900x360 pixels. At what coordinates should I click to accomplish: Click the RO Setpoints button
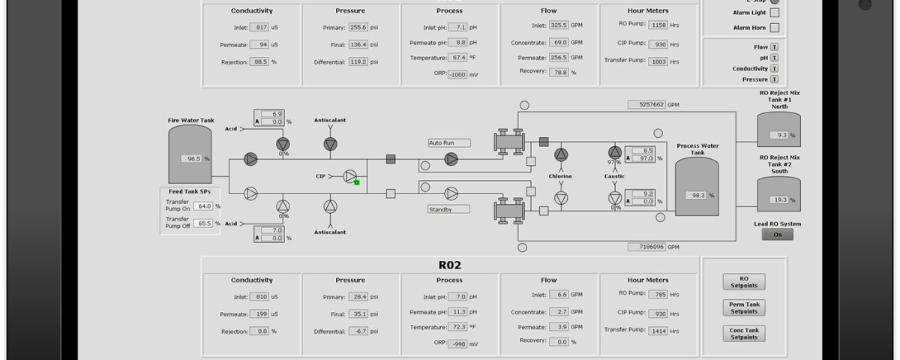[x=744, y=282]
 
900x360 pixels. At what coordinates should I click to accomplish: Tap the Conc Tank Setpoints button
[x=744, y=334]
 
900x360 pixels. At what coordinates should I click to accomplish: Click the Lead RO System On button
[x=778, y=235]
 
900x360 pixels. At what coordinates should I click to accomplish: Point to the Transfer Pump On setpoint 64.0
[x=203, y=206]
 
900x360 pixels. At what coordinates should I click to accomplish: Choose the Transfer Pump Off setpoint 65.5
[x=203, y=223]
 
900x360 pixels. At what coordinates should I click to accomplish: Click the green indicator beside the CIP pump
[x=356, y=183]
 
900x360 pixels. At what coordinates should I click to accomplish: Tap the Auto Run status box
[x=449, y=143]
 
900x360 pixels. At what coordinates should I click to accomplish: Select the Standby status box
[x=448, y=209]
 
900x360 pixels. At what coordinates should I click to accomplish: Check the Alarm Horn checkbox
[x=775, y=28]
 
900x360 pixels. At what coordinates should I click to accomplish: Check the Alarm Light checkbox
[x=775, y=13]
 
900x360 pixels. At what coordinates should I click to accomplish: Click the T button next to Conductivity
[x=774, y=69]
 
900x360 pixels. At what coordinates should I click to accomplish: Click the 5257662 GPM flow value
[x=646, y=104]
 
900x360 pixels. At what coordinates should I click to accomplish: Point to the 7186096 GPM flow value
[x=646, y=247]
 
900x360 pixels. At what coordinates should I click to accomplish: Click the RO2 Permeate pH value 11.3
[x=457, y=312]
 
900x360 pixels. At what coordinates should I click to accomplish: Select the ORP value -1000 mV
[x=457, y=75]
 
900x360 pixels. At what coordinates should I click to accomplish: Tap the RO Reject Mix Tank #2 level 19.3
[x=779, y=199]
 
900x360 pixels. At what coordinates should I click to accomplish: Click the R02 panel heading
[x=449, y=265]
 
